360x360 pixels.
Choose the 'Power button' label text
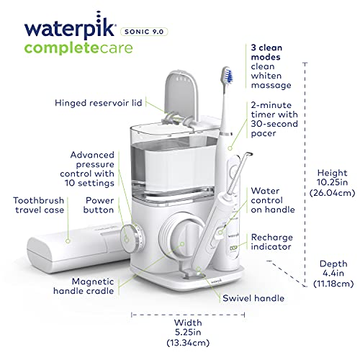pyautogui.click(x=99, y=205)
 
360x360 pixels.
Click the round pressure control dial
pyautogui.click(x=132, y=234)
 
